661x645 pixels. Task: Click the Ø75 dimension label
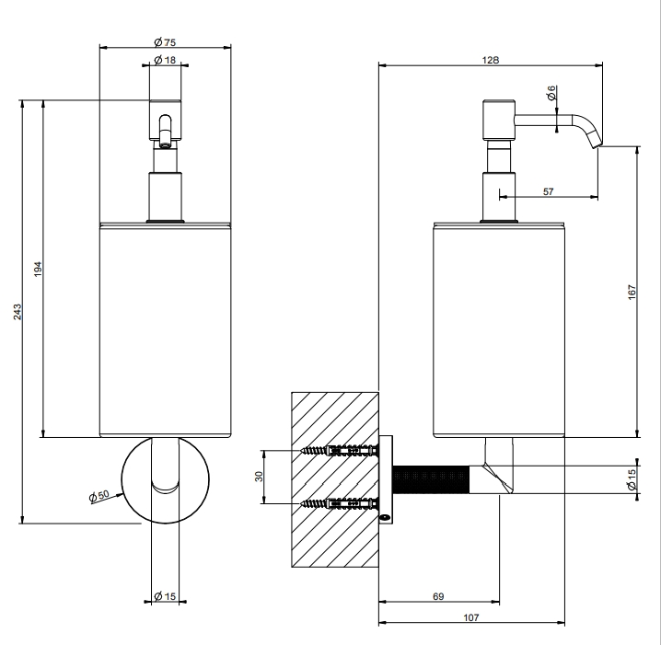[165, 42]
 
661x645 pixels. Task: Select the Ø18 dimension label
[165, 60]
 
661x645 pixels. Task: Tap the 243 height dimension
[17, 312]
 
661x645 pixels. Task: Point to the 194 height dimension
[38, 270]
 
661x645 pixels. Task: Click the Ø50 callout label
[99, 496]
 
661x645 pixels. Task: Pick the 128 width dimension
[491, 60]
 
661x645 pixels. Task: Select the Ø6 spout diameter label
[551, 93]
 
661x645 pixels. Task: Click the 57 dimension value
[548, 191]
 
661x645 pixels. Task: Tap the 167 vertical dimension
[632, 292]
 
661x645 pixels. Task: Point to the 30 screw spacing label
[259, 477]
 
